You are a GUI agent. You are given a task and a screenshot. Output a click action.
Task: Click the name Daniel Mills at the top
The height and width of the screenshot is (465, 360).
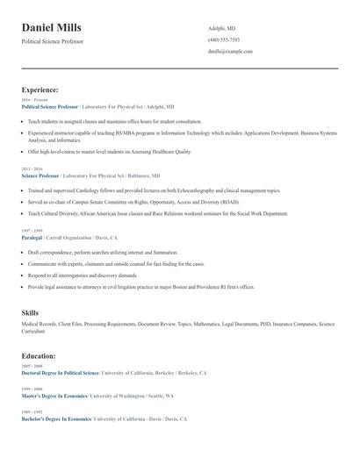pyautogui.click(x=51, y=27)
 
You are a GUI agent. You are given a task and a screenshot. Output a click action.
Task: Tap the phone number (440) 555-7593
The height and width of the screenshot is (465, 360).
pyautogui.click(x=223, y=39)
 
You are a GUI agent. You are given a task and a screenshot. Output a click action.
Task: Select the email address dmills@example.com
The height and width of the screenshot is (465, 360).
pyautogui.click(x=230, y=52)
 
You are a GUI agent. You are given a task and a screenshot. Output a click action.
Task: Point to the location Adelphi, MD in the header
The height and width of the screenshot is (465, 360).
pyautogui.click(x=221, y=28)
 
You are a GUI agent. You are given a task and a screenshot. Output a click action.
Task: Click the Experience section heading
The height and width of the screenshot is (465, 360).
pyautogui.click(x=40, y=89)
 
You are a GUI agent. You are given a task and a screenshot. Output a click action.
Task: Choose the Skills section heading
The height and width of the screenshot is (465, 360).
pyautogui.click(x=30, y=312)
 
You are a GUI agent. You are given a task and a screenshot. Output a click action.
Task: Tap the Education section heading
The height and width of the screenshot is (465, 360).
pyautogui.click(x=39, y=356)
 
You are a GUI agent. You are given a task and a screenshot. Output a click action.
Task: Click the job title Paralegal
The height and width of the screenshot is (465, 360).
pyautogui.click(x=32, y=238)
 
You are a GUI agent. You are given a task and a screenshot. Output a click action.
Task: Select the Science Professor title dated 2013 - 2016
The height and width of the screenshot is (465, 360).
pyautogui.click(x=40, y=175)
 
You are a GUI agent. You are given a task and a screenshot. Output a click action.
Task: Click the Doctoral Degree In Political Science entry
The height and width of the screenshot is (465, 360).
pyautogui.click(x=60, y=373)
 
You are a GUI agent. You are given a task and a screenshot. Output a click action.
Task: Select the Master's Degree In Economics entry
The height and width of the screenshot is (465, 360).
pyautogui.click(x=54, y=396)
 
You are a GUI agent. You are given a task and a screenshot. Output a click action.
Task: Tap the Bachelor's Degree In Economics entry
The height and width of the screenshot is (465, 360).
pyautogui.click(x=55, y=419)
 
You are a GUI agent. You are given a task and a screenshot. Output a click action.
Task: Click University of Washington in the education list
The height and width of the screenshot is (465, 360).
pyautogui.click(x=122, y=396)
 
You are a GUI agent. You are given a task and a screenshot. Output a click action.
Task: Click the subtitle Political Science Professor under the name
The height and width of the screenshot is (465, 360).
pyautogui.click(x=53, y=41)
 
